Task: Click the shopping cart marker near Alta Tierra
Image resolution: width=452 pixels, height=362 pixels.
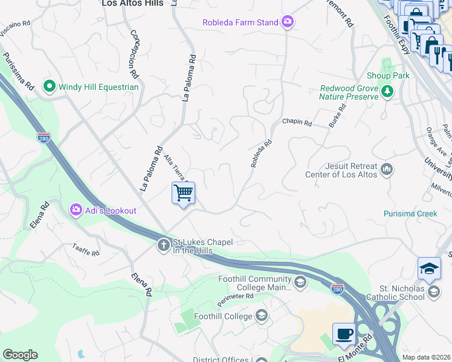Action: tap(183, 194)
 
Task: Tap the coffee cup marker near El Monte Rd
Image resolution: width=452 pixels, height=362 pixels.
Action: tap(344, 334)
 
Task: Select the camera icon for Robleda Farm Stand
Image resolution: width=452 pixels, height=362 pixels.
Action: tap(288, 23)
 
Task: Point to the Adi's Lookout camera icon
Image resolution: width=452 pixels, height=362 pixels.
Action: tap(76, 211)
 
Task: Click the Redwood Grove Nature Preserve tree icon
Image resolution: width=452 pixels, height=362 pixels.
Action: tap(387, 92)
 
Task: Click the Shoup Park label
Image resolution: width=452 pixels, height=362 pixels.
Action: tap(388, 75)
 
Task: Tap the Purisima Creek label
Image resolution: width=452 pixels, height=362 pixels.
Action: tap(410, 214)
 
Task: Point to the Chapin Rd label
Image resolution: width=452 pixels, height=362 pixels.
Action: tap(297, 122)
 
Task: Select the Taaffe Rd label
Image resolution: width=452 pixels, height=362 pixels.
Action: tap(86, 250)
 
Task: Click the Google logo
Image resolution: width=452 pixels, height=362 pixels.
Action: tap(20, 355)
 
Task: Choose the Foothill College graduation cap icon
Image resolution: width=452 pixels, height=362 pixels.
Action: tap(261, 316)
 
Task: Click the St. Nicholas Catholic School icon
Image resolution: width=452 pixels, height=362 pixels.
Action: tap(433, 293)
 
